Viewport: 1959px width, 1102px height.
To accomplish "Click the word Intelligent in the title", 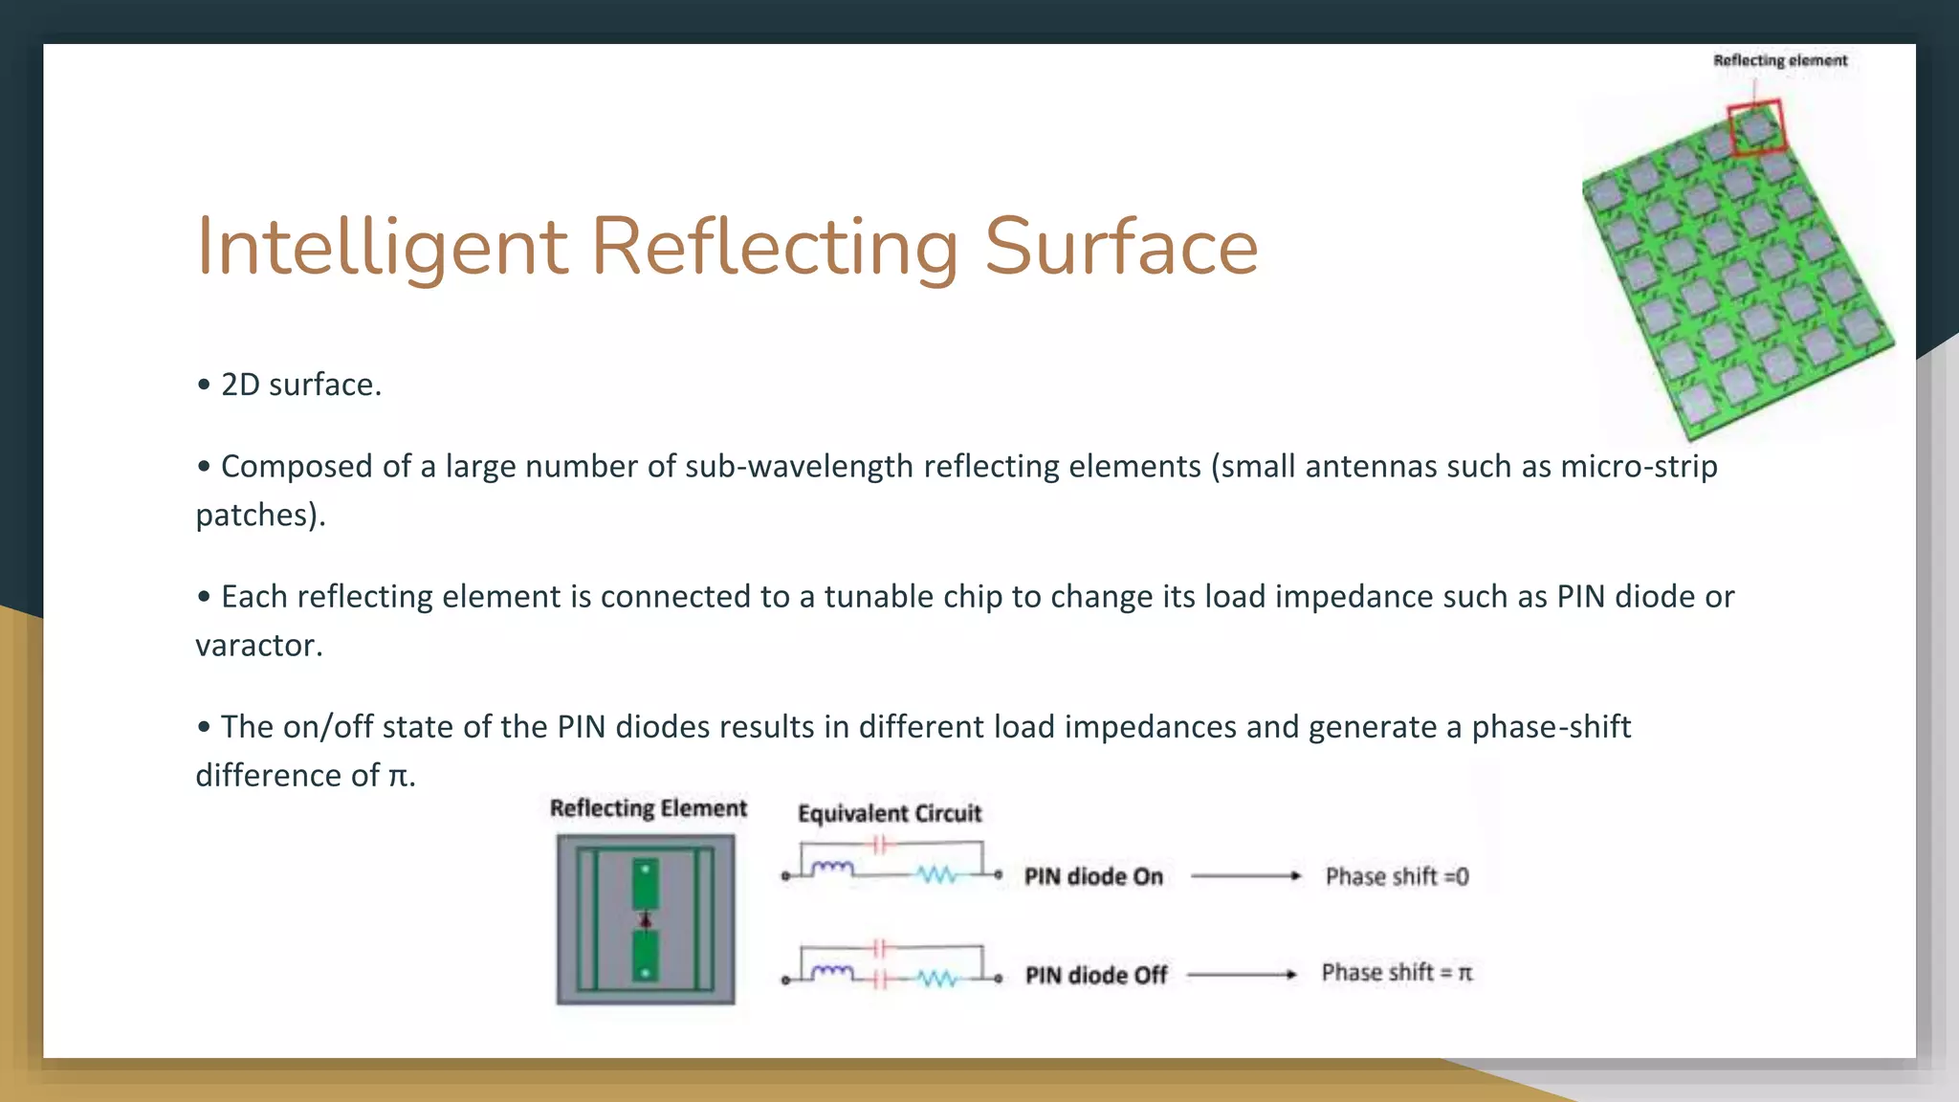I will tap(383, 247).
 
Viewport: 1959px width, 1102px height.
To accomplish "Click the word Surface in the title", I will tap(1121, 247).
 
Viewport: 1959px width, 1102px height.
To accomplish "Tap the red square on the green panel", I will tap(1756, 126).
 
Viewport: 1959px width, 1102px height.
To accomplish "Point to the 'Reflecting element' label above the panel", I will tap(1780, 60).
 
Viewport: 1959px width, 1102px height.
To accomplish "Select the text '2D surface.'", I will tap(300, 385).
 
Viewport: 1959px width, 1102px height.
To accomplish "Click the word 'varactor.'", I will tap(259, 646).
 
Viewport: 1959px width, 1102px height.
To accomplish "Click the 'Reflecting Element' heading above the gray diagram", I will tap(648, 808).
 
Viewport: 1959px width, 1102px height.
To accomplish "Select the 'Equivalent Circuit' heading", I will tap(890, 813).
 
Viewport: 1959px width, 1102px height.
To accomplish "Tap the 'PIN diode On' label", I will tap(1093, 876).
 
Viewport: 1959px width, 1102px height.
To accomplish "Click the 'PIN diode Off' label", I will tap(1096, 975).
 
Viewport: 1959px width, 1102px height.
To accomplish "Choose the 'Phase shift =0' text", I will tap(1397, 876).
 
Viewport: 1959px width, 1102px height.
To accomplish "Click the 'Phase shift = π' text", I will tap(1397, 973).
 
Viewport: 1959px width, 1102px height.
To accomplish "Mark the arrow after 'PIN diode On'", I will tap(1245, 875).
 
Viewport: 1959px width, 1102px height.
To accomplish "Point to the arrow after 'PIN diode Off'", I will tap(1242, 975).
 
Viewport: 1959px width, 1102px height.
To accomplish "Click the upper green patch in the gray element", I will tap(646, 884).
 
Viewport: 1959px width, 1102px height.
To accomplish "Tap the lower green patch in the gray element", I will tap(646, 956).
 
